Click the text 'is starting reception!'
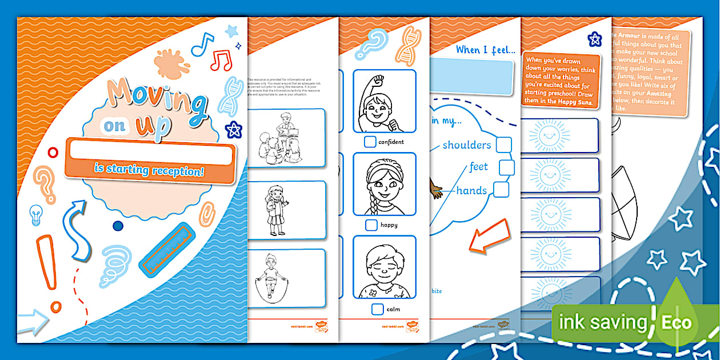tap(150, 171)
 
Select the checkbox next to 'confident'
tap(370, 142)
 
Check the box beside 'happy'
tap(371, 225)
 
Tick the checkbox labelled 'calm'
tap(377, 309)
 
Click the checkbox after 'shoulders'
tap(503, 145)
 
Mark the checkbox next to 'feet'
tap(506, 167)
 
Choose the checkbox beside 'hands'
tap(501, 190)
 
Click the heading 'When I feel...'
tap(486, 50)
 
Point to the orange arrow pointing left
tap(489, 235)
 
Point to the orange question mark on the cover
tap(44, 183)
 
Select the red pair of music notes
tap(221, 59)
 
